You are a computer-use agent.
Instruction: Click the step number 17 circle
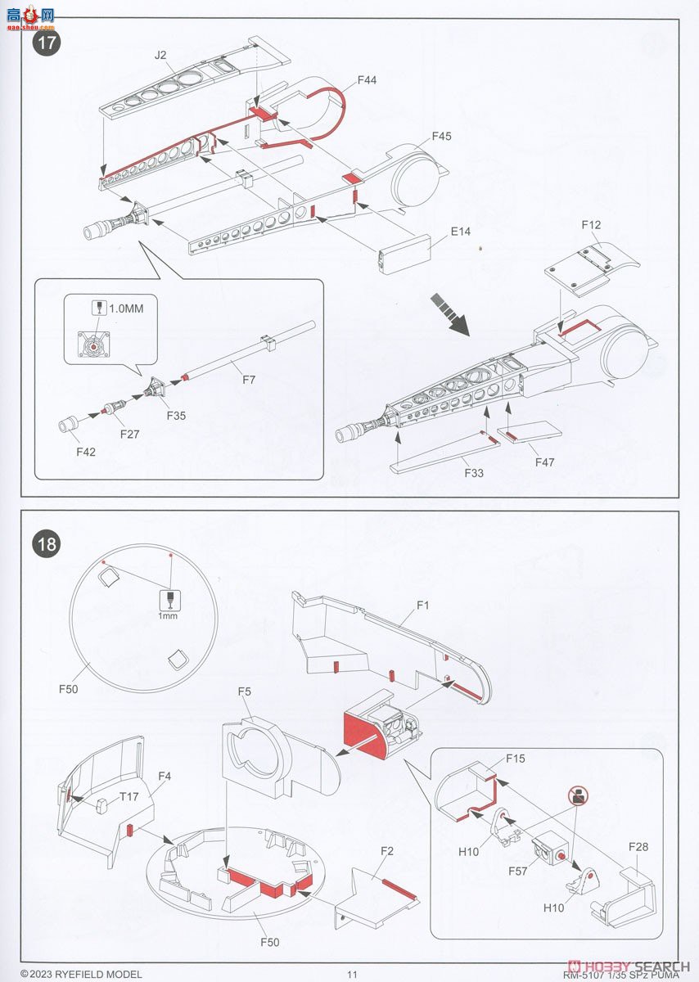pos(47,42)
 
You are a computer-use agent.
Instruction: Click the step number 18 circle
pos(47,543)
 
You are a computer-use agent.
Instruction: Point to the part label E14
pos(462,232)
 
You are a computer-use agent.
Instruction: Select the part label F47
pos(544,462)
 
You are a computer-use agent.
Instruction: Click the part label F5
pos(245,691)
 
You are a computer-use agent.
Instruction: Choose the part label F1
pos(422,606)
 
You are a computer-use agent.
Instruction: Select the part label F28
pos(638,847)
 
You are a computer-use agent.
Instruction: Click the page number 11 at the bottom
pos(353,974)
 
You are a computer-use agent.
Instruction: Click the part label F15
pos(515,759)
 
